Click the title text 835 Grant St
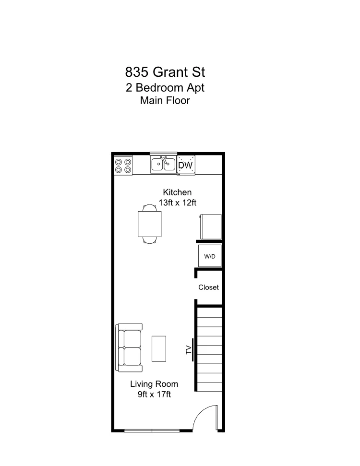165,72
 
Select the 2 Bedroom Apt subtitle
165,88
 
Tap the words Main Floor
165,101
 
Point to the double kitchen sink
163,164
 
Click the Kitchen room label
177,192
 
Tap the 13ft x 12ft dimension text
177,203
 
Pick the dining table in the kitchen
149,224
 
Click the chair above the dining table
149,208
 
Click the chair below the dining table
149,240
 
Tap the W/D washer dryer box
210,256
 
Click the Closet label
208,287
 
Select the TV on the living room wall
190,349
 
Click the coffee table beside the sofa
159,348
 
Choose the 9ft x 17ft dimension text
154,394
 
